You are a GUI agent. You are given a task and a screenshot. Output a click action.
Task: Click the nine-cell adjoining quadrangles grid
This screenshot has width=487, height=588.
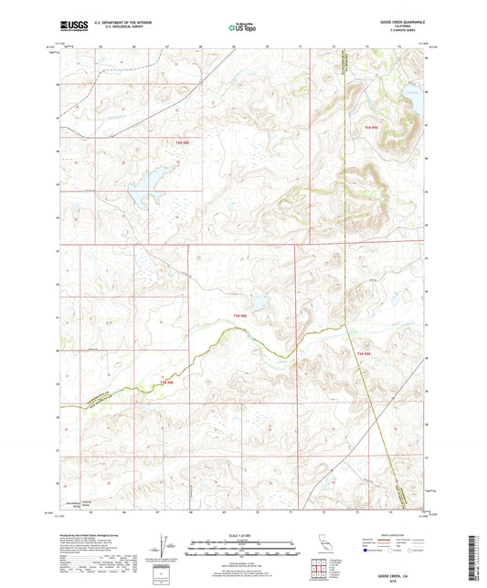(x=319, y=570)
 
